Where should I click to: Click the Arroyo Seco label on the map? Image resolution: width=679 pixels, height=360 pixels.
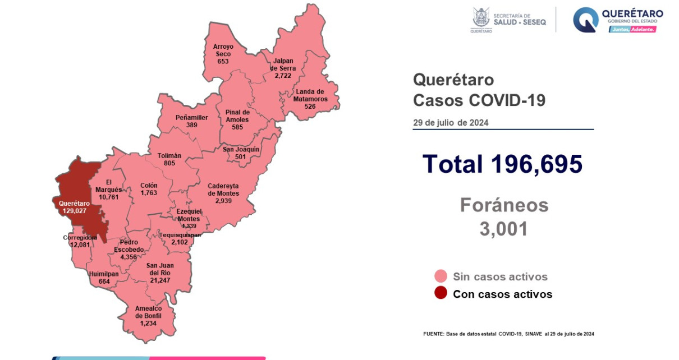(223, 50)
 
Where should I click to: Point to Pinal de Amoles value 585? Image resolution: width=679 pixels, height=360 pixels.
(237, 127)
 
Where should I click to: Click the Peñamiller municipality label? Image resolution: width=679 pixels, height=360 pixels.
(191, 118)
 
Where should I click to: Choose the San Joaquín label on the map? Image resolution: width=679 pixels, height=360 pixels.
(241, 149)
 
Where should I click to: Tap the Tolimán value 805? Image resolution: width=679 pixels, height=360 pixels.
(169, 163)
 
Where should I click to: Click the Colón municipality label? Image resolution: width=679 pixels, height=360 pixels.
(149, 186)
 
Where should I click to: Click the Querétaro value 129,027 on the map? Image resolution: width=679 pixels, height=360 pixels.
(71, 211)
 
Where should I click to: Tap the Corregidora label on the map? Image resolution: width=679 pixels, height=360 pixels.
(80, 237)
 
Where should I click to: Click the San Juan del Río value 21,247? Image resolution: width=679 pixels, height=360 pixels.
(160, 280)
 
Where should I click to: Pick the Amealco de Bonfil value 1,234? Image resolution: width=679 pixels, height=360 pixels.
(148, 324)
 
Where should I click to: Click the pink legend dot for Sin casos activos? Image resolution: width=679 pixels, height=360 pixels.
(441, 276)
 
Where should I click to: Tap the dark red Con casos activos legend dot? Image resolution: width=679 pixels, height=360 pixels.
(441, 293)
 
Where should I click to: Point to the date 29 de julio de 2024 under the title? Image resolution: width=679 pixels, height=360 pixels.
(451, 122)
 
